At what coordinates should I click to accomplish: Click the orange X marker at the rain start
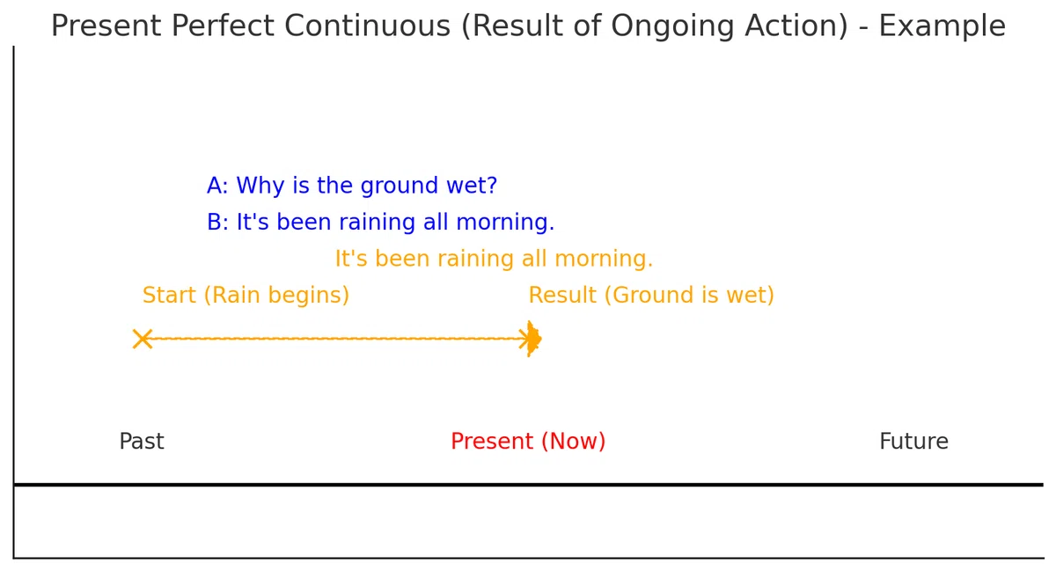tap(143, 339)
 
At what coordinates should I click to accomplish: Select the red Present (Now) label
tap(528, 442)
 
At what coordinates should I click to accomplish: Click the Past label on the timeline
tap(142, 442)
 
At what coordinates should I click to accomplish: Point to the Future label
tap(913, 442)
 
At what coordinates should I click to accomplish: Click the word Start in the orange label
tap(169, 295)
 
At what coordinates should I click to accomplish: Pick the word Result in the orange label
tap(562, 295)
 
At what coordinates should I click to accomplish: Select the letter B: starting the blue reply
tap(217, 222)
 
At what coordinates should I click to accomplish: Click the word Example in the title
tap(942, 26)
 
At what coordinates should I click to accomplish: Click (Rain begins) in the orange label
tap(276, 296)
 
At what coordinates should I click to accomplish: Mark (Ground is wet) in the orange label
tap(689, 296)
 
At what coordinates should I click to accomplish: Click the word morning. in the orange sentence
tap(604, 260)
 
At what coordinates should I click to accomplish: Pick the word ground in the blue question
tap(400, 187)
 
